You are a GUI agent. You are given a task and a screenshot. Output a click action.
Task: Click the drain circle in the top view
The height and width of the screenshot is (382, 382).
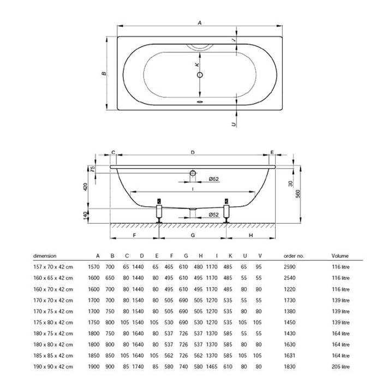tap(200, 75)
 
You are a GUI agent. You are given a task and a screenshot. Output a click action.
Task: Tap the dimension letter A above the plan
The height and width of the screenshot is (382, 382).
tap(200, 23)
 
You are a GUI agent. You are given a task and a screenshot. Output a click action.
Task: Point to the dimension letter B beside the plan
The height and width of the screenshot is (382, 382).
tap(104, 73)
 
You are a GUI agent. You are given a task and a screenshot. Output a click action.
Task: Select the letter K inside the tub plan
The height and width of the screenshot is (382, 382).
tap(196, 64)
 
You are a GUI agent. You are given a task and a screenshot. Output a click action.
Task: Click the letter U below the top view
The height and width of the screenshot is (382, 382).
tap(234, 124)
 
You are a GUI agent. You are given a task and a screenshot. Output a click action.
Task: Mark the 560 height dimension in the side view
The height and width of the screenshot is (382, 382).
tap(298, 194)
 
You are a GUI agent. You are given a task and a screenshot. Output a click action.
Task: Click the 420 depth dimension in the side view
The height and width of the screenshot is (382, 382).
tap(85, 187)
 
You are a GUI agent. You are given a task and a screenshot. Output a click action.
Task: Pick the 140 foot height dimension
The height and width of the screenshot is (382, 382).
tap(85, 216)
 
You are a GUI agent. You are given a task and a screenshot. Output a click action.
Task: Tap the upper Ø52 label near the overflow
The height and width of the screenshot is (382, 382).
tap(214, 179)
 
